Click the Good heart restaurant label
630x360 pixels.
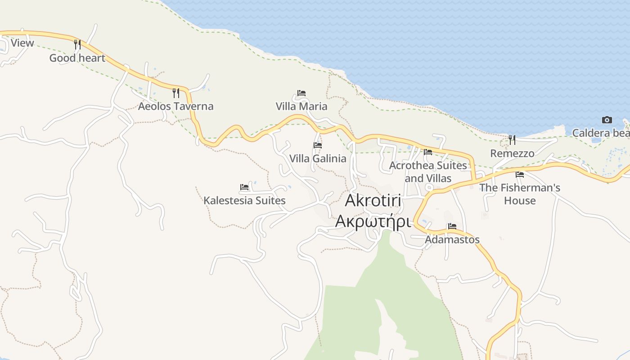pos(77,58)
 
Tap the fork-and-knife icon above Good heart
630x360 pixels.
pos(77,44)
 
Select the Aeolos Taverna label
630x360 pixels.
pos(175,107)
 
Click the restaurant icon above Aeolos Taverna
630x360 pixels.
pos(176,93)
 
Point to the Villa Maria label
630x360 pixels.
pos(301,107)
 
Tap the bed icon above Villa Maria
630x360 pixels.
pos(301,93)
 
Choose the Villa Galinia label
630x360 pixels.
pos(318,158)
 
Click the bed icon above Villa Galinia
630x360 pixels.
pos(318,145)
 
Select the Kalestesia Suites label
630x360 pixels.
pos(244,200)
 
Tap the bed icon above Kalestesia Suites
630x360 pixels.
pos(244,187)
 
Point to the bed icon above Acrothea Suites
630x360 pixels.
pos(428,152)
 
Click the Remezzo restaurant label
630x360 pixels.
pos(512,153)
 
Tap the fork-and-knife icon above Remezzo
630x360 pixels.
pos(512,140)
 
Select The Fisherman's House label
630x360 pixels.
pos(520,194)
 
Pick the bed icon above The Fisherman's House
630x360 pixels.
pos(520,174)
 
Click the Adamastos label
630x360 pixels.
pos(452,239)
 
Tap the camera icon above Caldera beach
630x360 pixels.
pos(607,120)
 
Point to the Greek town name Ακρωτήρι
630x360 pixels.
pos(373,222)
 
